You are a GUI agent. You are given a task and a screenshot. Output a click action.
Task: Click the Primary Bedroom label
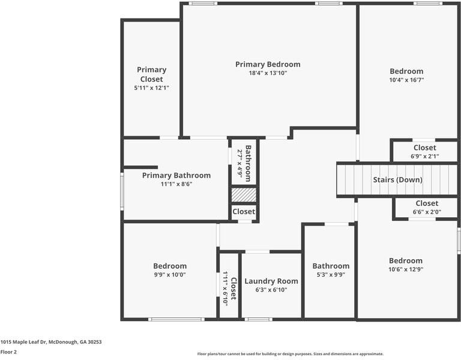(268, 64)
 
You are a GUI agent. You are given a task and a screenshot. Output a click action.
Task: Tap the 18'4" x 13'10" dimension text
(268, 73)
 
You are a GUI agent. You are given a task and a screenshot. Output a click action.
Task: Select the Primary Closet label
(151, 74)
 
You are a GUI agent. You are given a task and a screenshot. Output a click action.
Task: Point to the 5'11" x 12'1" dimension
(151, 88)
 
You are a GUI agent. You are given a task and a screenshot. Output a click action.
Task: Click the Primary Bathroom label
(176, 175)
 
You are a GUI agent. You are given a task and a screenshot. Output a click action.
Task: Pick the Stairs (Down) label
(397, 179)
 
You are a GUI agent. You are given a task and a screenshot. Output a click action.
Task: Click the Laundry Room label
(271, 281)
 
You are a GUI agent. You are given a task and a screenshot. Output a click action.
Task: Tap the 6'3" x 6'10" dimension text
(271, 290)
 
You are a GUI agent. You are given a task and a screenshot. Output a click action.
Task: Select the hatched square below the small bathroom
(244, 195)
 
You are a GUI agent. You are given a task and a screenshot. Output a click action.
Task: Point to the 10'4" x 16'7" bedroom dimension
(406, 79)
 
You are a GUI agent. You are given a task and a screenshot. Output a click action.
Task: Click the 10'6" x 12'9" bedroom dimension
(406, 269)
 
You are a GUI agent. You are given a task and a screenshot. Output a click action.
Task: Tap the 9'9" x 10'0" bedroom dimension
(170, 275)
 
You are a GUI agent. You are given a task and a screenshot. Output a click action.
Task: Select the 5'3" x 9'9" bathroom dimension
(330, 275)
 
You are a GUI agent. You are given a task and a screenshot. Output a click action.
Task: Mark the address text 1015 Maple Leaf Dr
(51, 342)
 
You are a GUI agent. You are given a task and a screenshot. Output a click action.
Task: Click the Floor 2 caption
(8, 352)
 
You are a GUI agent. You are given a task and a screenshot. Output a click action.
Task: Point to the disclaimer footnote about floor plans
(291, 354)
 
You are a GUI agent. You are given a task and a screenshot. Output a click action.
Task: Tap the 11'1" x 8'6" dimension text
(176, 184)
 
